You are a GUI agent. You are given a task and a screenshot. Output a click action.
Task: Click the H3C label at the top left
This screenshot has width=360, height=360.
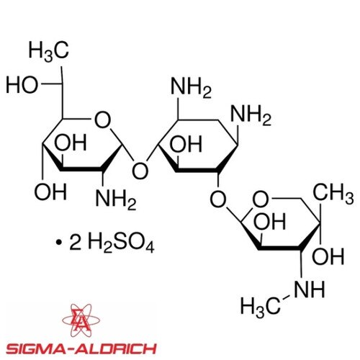pos(49,51)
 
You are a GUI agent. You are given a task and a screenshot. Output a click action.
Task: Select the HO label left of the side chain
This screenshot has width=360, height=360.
pos(22,85)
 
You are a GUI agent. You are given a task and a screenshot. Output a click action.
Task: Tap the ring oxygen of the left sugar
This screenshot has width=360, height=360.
pos(103,120)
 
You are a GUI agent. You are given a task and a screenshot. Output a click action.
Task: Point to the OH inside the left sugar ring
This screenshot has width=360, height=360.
pos(71,143)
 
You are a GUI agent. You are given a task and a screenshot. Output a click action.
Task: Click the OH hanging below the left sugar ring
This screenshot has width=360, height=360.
pos(50,192)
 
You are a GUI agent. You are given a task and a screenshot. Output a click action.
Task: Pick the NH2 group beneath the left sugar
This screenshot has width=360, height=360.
pos(116,198)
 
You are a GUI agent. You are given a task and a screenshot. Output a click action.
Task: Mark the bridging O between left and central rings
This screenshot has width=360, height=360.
pos(140,171)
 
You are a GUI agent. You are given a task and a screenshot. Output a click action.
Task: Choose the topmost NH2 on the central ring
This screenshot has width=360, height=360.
pos(192,87)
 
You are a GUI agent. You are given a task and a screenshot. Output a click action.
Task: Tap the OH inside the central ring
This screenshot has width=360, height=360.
pos(186,144)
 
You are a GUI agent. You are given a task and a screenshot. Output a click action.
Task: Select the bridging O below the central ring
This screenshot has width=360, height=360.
pos(218,199)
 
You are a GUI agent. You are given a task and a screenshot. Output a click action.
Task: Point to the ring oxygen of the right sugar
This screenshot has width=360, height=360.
pos(261,199)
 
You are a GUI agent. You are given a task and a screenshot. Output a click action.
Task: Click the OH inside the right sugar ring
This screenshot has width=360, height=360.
pos(270,221)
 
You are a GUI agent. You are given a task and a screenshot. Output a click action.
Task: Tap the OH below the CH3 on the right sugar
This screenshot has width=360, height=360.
pos(328,256)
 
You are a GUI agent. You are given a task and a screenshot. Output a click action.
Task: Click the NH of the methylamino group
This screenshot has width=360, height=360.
pos(309,289)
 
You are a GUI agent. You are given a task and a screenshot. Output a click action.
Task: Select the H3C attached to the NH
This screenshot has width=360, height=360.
pos(261,307)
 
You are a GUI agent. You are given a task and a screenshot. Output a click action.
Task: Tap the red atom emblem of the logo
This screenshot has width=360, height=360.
pos(81,320)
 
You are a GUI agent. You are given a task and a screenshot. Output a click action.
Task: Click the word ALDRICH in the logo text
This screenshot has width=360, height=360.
pos(115,348)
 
